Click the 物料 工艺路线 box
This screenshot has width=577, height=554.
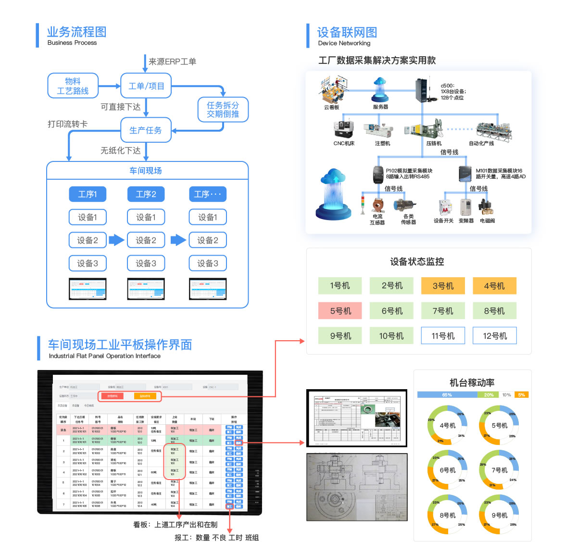[73, 86]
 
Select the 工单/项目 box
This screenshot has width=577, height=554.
[146, 86]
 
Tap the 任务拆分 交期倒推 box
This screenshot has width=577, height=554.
[223, 110]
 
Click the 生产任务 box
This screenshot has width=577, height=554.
[146, 130]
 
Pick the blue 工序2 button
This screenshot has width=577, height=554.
[146, 194]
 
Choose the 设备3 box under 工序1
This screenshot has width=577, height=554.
[88, 263]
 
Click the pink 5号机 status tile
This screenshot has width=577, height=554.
[340, 311]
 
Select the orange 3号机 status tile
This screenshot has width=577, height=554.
[443, 286]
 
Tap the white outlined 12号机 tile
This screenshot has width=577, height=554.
[494, 336]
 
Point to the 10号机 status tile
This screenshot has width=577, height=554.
[391, 336]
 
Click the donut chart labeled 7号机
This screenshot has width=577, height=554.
[499, 470]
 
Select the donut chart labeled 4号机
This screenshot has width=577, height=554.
[447, 425]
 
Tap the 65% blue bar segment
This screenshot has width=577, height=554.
[447, 395]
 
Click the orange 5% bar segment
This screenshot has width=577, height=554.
[522, 395]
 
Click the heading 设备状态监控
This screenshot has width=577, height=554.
[417, 262]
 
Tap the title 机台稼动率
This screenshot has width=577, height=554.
[472, 383]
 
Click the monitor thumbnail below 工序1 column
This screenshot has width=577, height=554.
[88, 289]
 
